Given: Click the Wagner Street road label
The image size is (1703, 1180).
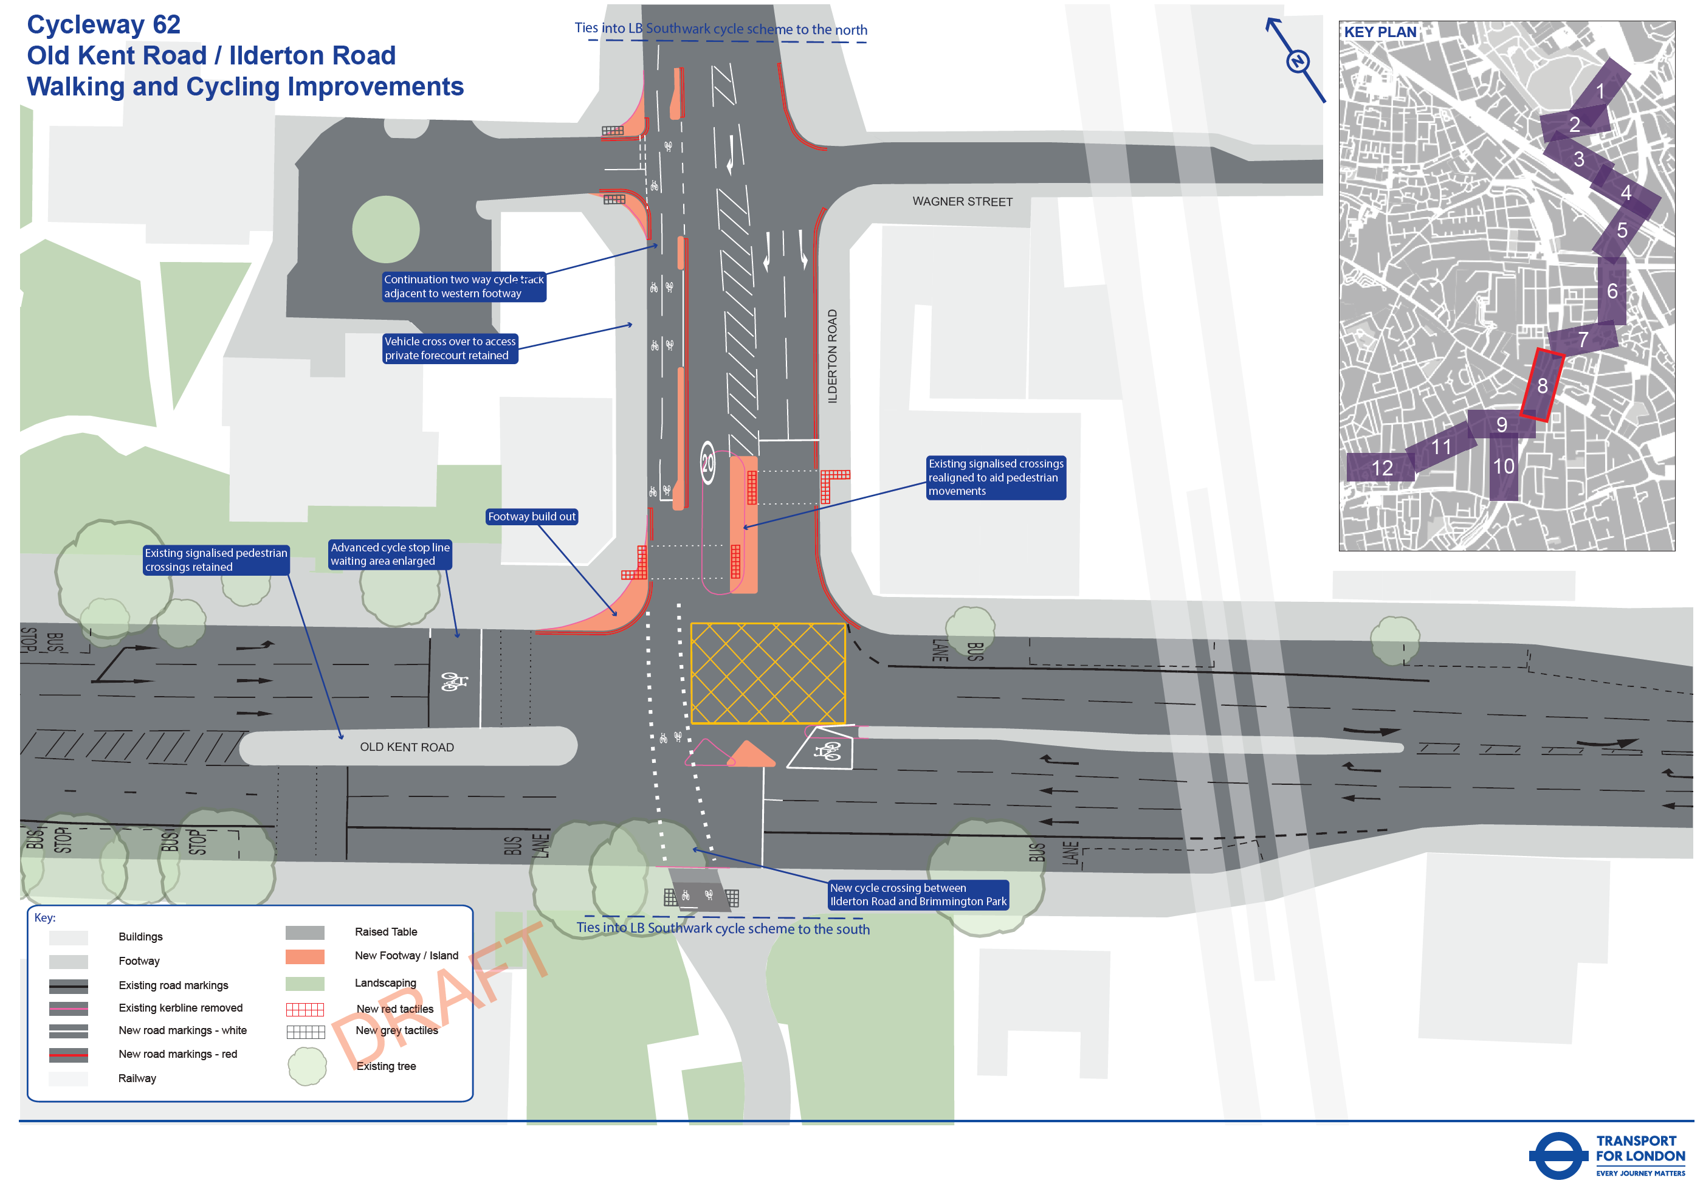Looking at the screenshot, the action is pyautogui.click(x=962, y=202).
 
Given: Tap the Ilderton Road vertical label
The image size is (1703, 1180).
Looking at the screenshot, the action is pyautogui.click(x=832, y=356).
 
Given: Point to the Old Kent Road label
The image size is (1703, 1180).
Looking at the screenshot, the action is pyautogui.click(x=407, y=747).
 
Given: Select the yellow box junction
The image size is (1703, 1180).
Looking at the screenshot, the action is pyautogui.click(x=767, y=673).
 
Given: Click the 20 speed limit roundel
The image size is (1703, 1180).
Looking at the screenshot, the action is pyautogui.click(x=707, y=463).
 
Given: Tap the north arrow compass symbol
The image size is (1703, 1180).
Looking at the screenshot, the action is pyautogui.click(x=1297, y=61).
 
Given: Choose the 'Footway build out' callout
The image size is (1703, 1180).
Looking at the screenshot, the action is pyautogui.click(x=531, y=517).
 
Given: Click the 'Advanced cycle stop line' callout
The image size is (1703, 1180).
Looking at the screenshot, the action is pyautogui.click(x=390, y=554).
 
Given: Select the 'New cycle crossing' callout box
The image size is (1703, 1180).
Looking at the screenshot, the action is pyautogui.click(x=918, y=895).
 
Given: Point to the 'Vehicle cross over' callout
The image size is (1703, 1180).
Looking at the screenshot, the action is pyautogui.click(x=450, y=348).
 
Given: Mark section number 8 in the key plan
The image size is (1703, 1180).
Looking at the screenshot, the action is pyautogui.click(x=1542, y=385).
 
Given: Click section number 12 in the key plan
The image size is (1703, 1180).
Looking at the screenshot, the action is pyautogui.click(x=1381, y=468).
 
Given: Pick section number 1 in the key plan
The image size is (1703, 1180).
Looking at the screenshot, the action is pyautogui.click(x=1600, y=91).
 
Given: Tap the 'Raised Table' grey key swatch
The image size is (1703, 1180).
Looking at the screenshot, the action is pyautogui.click(x=304, y=933).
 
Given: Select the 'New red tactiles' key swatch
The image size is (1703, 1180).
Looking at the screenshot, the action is pyautogui.click(x=304, y=1010).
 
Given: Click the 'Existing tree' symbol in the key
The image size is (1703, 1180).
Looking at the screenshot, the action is pyautogui.click(x=307, y=1065).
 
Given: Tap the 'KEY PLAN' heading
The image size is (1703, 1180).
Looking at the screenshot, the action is pyautogui.click(x=1379, y=32).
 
